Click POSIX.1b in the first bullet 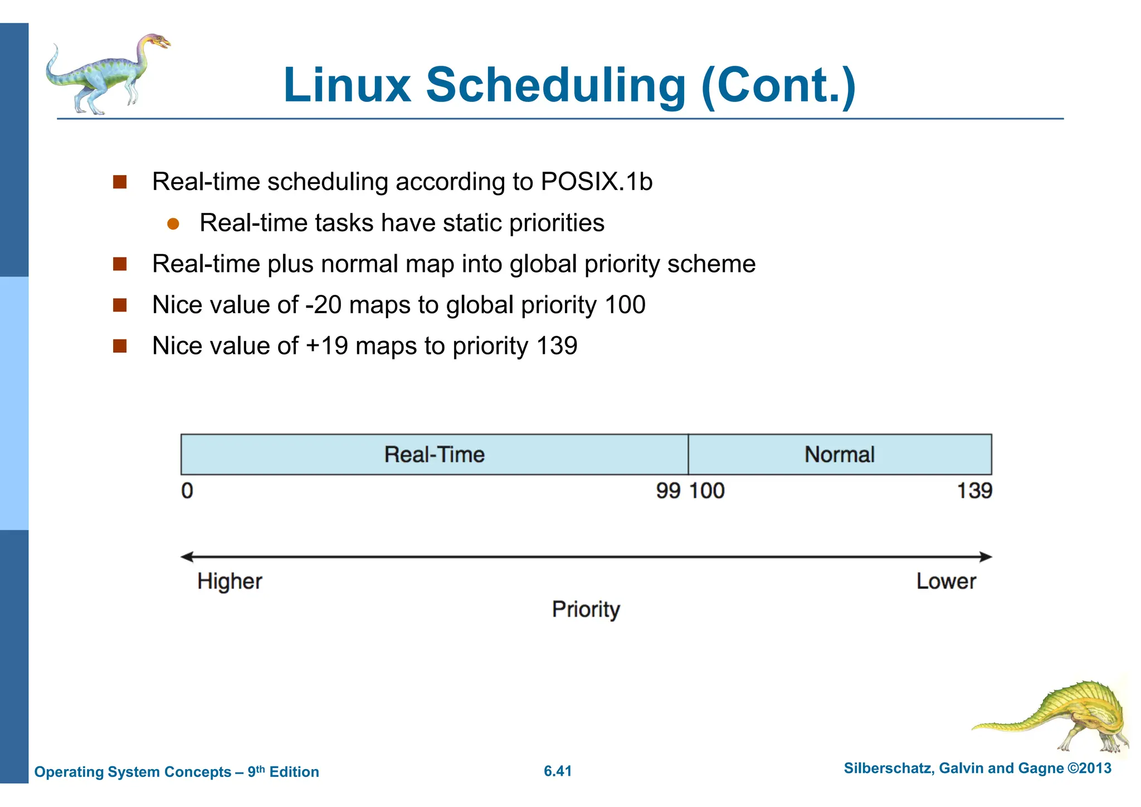[x=596, y=182]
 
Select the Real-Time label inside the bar [x=434, y=455]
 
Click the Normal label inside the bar [x=839, y=455]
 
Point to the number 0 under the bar [x=187, y=491]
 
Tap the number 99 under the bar [x=668, y=491]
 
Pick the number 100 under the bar [x=707, y=491]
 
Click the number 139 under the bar [x=974, y=491]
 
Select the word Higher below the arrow [x=230, y=581]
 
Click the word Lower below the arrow [x=946, y=581]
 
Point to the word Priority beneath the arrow [x=586, y=609]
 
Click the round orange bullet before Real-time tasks [x=173, y=224]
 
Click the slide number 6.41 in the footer [x=558, y=771]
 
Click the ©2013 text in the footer [x=1089, y=769]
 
